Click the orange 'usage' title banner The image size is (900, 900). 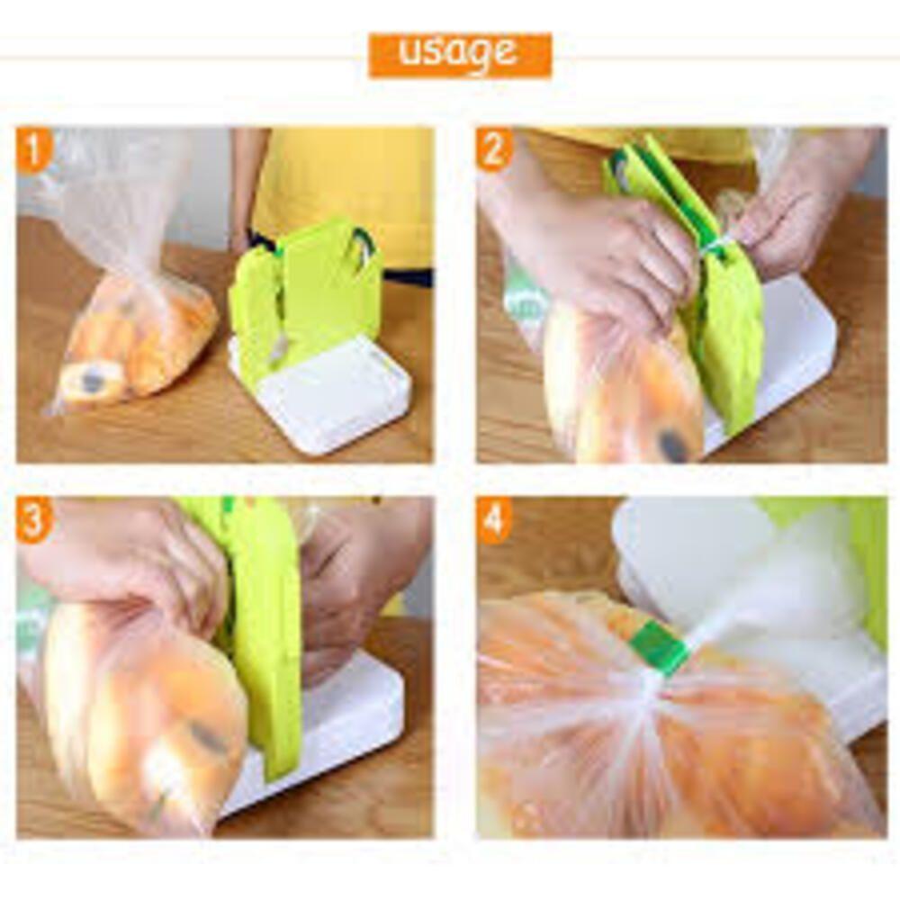[x=460, y=55]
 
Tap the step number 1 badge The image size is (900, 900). [x=33, y=150]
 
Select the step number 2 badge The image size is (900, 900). [x=493, y=150]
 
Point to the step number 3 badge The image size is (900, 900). [x=33, y=520]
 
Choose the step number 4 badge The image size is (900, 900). [x=493, y=520]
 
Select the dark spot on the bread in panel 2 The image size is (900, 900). [x=671, y=443]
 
